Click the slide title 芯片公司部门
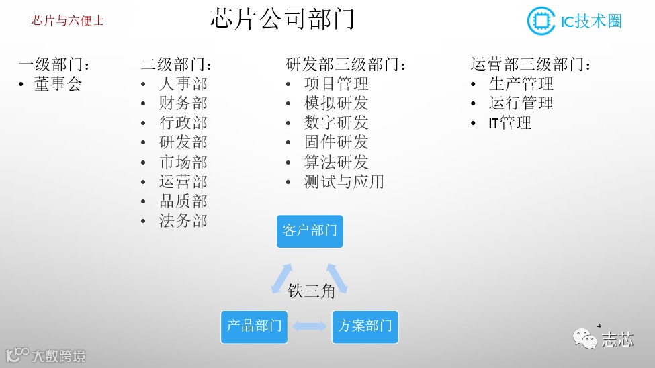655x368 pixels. pyautogui.click(x=282, y=19)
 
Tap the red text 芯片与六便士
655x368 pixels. pyautogui.click(x=68, y=21)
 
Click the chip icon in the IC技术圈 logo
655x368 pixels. pyautogui.click(x=539, y=21)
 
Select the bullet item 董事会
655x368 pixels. pyautogui.click(x=58, y=84)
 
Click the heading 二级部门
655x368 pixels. pyautogui.click(x=177, y=65)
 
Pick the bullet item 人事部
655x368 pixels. pyautogui.click(x=183, y=84)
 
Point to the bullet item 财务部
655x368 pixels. pyautogui.click(x=183, y=103)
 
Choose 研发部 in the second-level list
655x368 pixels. pyautogui.click(x=183, y=142)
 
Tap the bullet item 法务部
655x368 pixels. pyautogui.click(x=183, y=221)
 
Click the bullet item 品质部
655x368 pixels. pyautogui.click(x=183, y=201)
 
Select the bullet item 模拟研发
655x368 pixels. pyautogui.click(x=336, y=103)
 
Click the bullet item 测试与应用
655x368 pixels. pyautogui.click(x=344, y=182)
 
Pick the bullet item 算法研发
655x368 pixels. pyautogui.click(x=336, y=163)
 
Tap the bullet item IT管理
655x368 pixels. pyautogui.click(x=510, y=123)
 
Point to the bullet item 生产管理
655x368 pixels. pyautogui.click(x=521, y=84)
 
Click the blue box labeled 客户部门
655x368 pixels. pyautogui.click(x=310, y=231)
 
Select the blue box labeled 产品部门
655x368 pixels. pyautogui.click(x=254, y=327)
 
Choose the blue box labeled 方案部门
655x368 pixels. pyautogui.click(x=365, y=327)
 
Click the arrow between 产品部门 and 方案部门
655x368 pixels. pyautogui.click(x=310, y=327)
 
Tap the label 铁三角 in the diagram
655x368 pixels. pyautogui.click(x=311, y=291)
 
